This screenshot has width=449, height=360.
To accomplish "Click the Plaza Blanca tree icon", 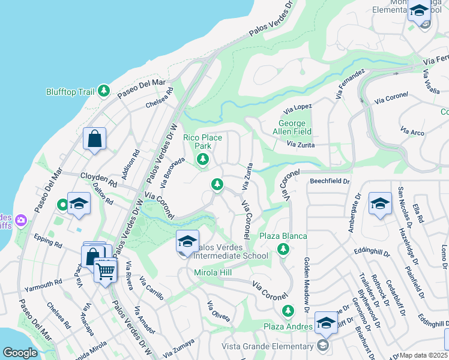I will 282,248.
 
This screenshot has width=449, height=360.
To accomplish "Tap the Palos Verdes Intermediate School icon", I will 187,242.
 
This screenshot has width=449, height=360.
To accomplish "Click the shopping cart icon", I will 106,271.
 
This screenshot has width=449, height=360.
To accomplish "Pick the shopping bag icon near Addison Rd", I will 94,139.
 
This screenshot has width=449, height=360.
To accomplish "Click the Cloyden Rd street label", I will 98,179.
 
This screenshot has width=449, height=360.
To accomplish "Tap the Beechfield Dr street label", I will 329,181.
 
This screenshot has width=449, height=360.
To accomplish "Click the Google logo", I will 20,352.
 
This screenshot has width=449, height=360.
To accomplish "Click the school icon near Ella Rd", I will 380,204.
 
